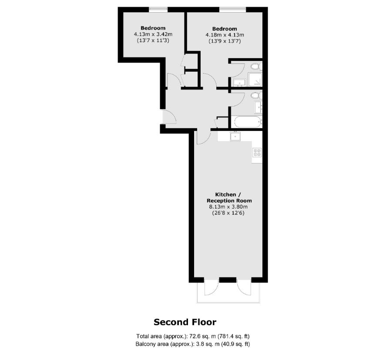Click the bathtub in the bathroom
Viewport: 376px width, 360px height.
point(248,122)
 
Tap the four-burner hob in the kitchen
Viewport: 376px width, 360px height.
point(257,152)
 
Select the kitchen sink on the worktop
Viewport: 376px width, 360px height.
point(235,136)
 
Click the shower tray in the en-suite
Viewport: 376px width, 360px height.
point(255,80)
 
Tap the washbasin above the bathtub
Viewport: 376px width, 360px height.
point(258,107)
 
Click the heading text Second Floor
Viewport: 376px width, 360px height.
point(185,322)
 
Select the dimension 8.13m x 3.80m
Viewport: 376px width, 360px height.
point(228,207)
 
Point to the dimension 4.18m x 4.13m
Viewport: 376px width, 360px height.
point(225,35)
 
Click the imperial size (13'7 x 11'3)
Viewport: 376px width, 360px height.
point(153,40)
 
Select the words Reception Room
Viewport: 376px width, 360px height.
point(229,201)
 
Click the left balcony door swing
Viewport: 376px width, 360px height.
point(211,287)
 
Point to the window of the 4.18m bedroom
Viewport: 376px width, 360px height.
point(232,10)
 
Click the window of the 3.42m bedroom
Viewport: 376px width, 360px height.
point(158,10)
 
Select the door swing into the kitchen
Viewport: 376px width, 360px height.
point(204,137)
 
